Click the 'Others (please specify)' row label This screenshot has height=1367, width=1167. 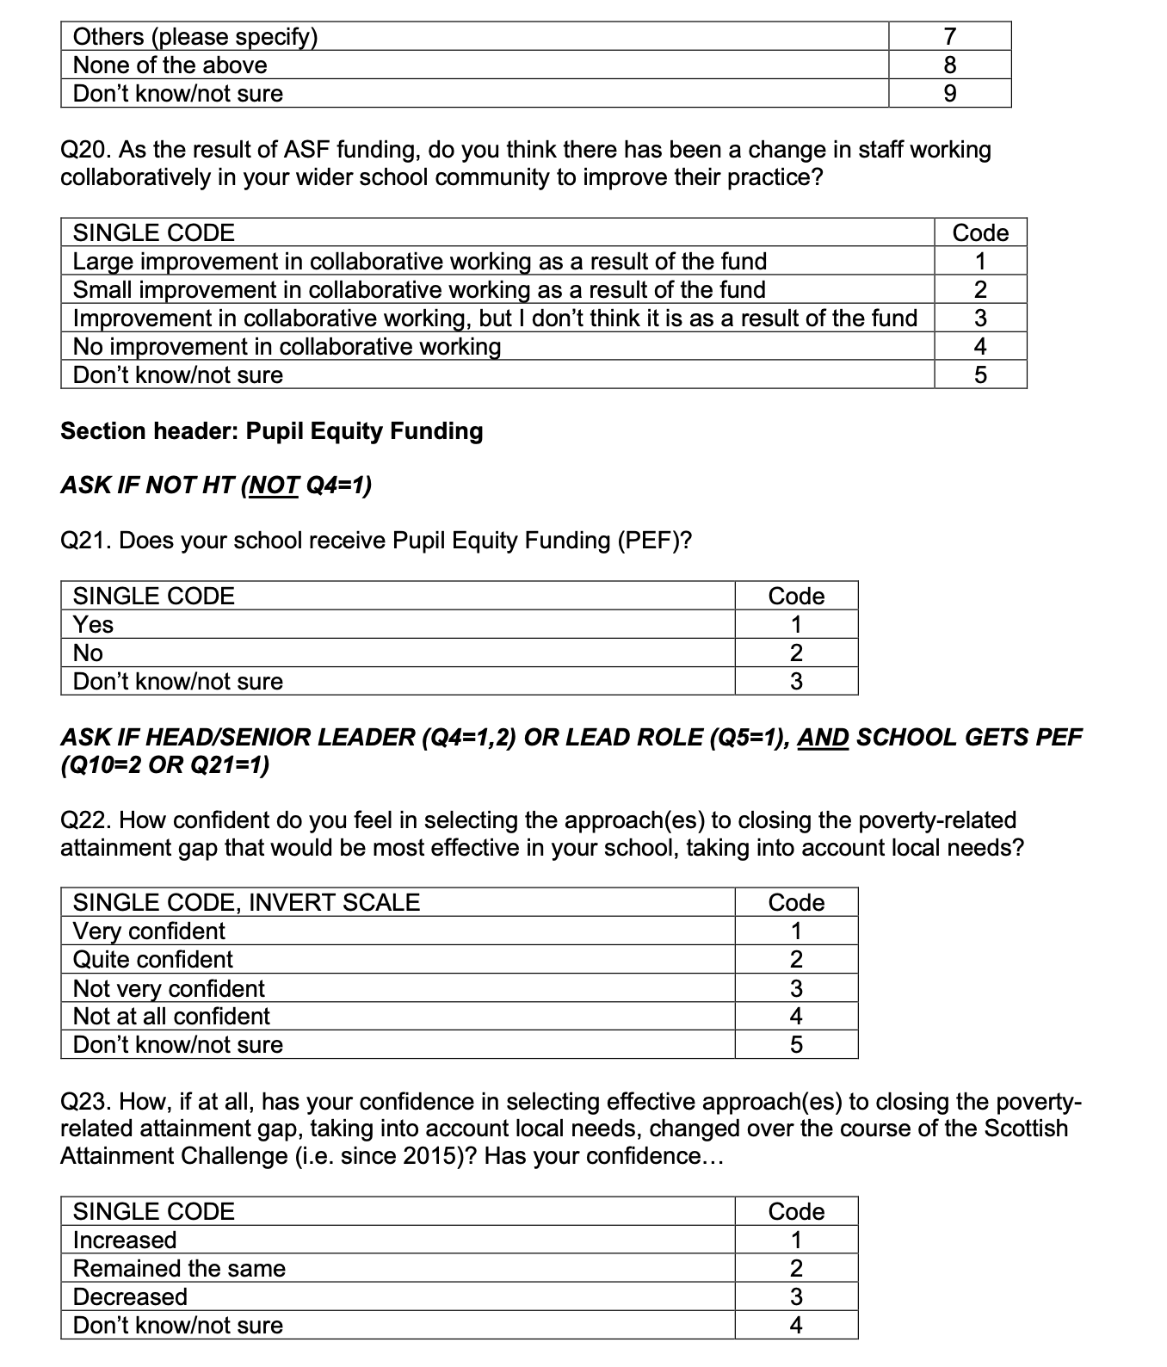point(195,37)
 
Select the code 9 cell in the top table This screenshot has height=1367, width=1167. point(949,94)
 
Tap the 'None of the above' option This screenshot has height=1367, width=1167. point(170,65)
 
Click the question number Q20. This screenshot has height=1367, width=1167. point(84,150)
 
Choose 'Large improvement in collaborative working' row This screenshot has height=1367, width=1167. point(419,261)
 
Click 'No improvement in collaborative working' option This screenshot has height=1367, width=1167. point(287,346)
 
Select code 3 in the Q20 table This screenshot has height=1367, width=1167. point(980,319)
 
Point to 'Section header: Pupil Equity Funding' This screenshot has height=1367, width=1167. point(271,431)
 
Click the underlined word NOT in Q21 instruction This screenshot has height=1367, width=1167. point(273,486)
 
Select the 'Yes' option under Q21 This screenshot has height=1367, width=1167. point(93,624)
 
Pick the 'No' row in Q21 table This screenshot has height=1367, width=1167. point(88,653)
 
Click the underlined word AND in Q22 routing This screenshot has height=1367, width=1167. point(823,738)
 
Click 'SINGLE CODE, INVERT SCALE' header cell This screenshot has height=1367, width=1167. point(246,902)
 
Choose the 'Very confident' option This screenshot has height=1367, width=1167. point(149,931)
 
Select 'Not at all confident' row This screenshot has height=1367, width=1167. point(171,1016)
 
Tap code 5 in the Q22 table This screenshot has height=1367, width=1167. point(796,1045)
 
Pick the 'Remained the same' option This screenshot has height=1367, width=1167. point(179,1268)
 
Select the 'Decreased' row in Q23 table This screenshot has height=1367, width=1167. point(130,1296)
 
